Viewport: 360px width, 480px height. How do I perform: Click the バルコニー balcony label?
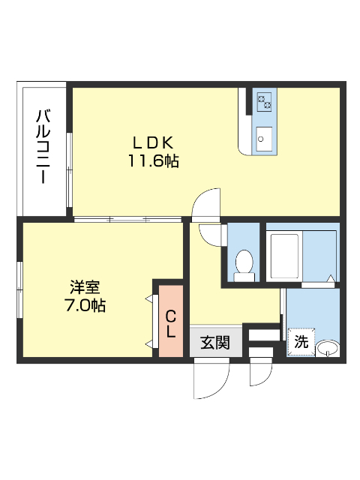point(43,148)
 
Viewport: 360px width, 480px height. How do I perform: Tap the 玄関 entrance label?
point(214,343)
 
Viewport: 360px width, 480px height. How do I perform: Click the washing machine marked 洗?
point(301,342)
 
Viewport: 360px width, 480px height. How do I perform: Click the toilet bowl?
point(244,265)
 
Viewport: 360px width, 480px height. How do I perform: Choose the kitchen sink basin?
point(265,139)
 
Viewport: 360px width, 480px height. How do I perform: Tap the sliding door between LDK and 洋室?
point(127,219)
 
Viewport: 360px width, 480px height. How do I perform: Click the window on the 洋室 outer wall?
point(19,289)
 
